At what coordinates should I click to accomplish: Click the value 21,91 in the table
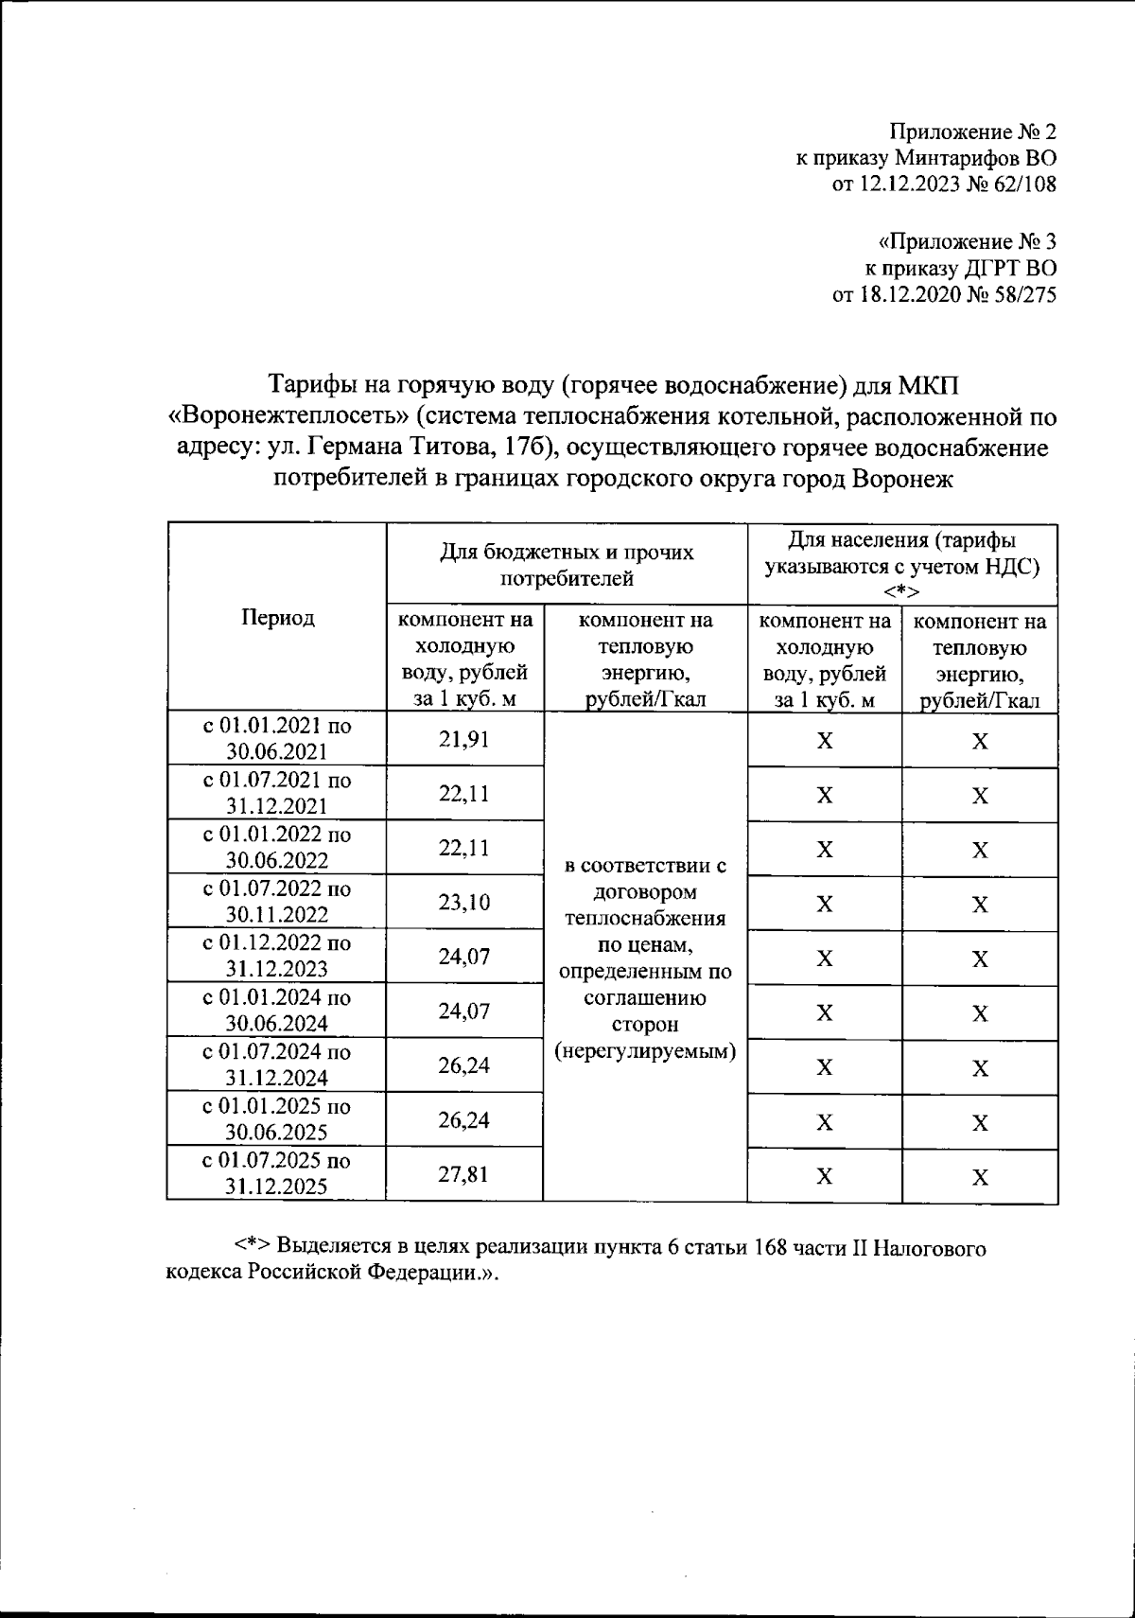pyautogui.click(x=463, y=739)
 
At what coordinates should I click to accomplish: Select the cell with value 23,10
pyautogui.click(x=463, y=903)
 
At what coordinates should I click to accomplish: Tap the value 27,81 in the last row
pyautogui.click(x=463, y=1174)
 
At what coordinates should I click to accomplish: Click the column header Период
pyautogui.click(x=277, y=618)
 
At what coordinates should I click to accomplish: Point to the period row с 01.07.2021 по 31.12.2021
pyautogui.click(x=277, y=793)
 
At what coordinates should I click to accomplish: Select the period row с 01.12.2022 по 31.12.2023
pyautogui.click(x=277, y=956)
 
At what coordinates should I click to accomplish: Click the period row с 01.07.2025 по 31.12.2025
pyautogui.click(x=277, y=1174)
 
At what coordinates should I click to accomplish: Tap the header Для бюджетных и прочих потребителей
pyautogui.click(x=567, y=564)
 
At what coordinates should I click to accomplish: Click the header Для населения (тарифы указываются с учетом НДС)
pyautogui.click(x=902, y=565)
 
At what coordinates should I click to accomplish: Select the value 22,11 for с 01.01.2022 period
pyautogui.click(x=463, y=848)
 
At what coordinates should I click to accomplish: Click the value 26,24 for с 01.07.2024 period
pyautogui.click(x=463, y=1065)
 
